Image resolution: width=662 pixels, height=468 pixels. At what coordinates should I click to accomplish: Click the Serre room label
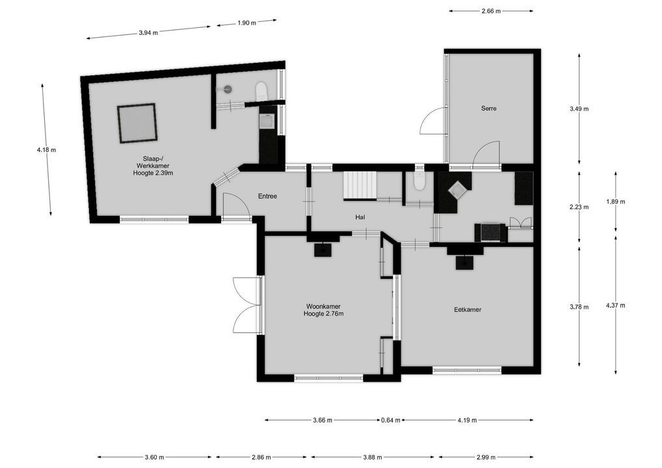(488, 109)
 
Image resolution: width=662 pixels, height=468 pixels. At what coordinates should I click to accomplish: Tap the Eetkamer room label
(468, 310)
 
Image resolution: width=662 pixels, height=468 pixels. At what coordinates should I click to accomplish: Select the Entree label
(267, 196)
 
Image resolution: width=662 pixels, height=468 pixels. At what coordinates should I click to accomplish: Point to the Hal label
(360, 216)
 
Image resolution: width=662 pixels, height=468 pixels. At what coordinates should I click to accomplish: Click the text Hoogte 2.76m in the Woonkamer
(323, 314)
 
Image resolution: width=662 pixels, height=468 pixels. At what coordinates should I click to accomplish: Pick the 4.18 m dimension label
(46, 150)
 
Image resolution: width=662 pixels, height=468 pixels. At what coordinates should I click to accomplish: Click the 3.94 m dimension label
(148, 32)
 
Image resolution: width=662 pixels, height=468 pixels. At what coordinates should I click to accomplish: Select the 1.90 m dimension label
(246, 23)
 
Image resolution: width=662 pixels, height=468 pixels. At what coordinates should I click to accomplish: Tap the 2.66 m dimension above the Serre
(491, 10)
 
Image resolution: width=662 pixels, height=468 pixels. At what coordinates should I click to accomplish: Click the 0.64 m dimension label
(391, 420)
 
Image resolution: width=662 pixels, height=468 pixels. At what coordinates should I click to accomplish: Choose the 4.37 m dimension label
(615, 305)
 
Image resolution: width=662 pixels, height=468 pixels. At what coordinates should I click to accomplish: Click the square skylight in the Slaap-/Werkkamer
(137, 123)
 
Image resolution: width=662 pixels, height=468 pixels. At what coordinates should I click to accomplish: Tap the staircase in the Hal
(359, 185)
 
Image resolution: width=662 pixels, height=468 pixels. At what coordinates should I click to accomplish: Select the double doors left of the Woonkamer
(246, 304)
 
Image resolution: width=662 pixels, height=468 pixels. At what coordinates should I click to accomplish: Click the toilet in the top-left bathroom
(261, 90)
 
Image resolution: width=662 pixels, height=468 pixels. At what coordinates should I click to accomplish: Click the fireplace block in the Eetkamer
(464, 262)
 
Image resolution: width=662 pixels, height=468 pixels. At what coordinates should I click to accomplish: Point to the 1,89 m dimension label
(615, 201)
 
